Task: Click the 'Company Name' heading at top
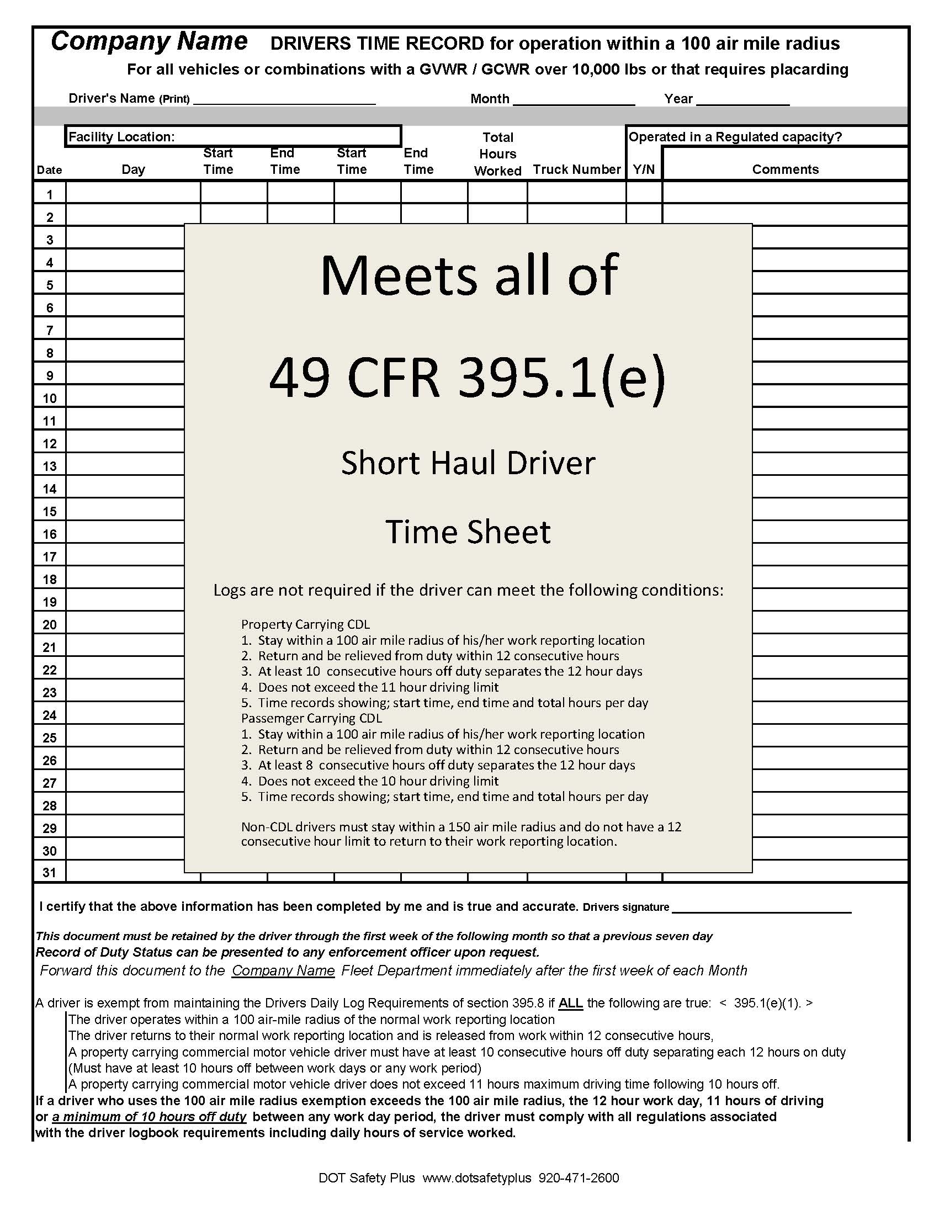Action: click(149, 42)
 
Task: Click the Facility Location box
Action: click(232, 137)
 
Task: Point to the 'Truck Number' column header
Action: click(577, 169)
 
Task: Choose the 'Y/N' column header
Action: click(644, 169)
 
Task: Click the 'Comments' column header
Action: click(785, 169)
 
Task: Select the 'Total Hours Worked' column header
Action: click(497, 154)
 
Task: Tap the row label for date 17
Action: click(50, 557)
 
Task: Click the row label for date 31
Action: click(50, 873)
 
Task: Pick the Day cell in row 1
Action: click(133, 193)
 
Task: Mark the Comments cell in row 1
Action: click(785, 193)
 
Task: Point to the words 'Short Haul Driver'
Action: click(468, 463)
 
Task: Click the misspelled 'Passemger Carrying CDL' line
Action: click(311, 718)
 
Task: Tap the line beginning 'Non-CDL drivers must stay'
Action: click(461, 827)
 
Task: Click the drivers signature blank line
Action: click(762, 908)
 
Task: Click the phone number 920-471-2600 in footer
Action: click(579, 1178)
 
